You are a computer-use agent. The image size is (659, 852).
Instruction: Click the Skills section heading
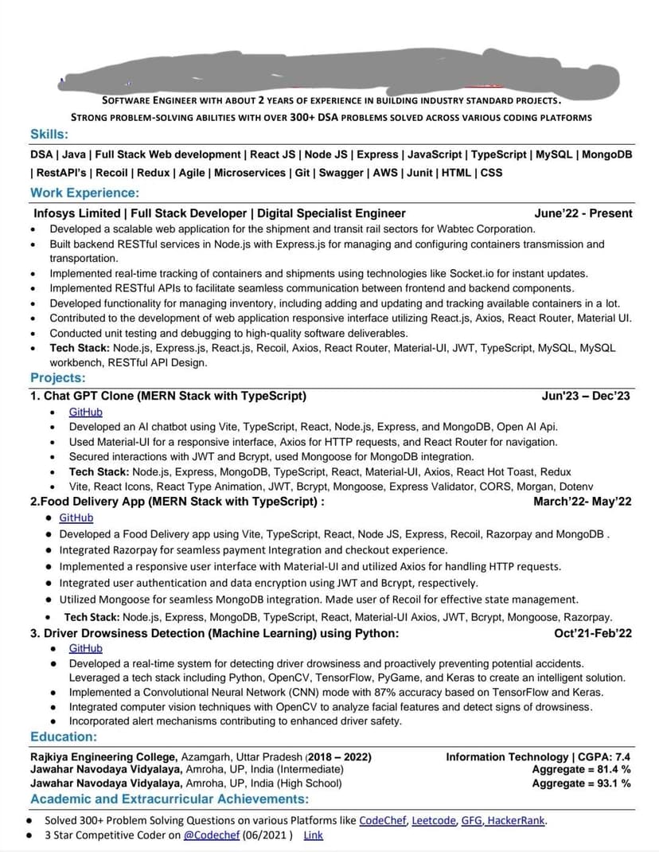pos(49,135)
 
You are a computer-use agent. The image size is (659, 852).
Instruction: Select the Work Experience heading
pos(84,193)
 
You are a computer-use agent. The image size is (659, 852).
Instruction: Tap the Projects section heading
pos(57,377)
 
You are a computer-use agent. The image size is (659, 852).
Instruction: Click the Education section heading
pos(64,737)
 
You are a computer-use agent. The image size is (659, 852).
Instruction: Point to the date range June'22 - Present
pos(583,213)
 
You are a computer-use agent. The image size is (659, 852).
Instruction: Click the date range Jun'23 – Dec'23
pos(586,396)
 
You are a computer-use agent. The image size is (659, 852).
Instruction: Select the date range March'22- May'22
pos(583,502)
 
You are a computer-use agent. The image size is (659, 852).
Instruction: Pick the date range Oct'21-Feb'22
pos(593,634)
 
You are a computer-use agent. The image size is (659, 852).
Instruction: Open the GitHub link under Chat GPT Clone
pos(85,412)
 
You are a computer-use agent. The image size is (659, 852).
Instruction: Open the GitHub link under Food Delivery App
pos(76,518)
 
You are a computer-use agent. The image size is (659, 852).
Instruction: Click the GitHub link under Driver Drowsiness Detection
pos(85,648)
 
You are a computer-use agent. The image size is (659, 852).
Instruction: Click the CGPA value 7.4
pos(623,756)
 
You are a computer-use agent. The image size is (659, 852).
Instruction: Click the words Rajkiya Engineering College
pos(103,756)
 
